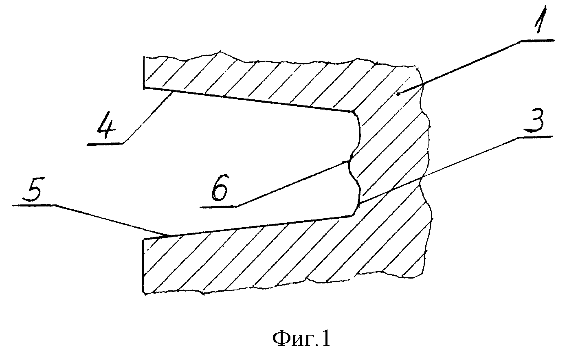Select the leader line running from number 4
pos(147,118)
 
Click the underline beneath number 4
pos(105,144)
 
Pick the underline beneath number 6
pos(218,207)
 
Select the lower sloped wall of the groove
pos(248,227)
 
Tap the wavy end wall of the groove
pos(355,163)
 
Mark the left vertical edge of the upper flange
pos(144,72)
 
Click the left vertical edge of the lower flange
pos(143,266)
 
